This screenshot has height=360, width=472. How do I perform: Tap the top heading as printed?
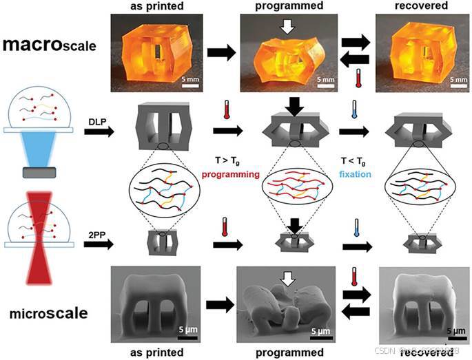point(153,6)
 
